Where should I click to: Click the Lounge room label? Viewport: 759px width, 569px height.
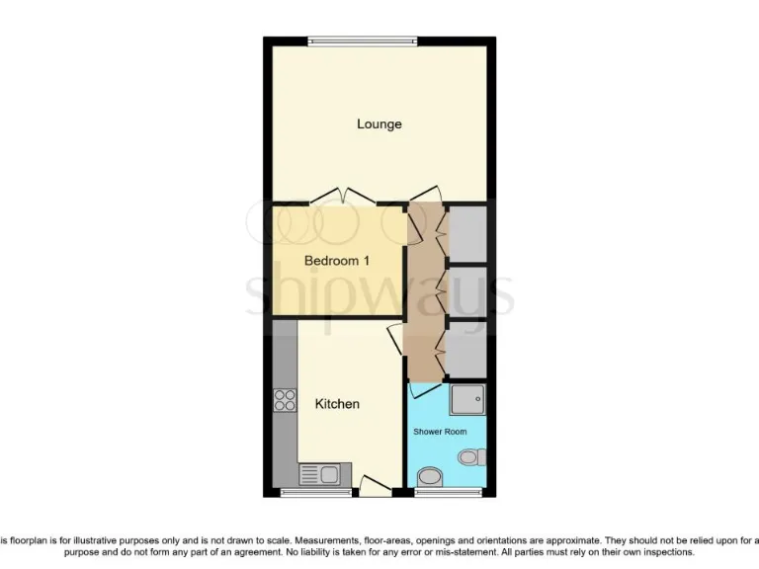[x=379, y=124]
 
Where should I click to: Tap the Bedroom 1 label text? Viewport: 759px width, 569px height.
[x=337, y=262]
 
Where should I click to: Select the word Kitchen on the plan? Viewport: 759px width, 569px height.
[x=337, y=404]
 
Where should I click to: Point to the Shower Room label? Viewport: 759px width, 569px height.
[x=439, y=432]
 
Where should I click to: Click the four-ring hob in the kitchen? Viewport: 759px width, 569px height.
[x=285, y=401]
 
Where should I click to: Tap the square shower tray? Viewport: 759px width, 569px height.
[x=466, y=400]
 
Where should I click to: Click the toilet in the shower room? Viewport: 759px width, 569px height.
[x=472, y=456]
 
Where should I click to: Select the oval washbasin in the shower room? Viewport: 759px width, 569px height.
[x=429, y=478]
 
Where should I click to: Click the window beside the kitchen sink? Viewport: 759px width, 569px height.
[x=315, y=492]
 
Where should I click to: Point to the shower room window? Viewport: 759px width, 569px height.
[x=434, y=492]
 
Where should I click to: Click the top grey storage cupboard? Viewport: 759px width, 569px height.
[x=466, y=234]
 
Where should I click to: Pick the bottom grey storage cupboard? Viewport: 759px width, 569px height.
[x=466, y=348]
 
